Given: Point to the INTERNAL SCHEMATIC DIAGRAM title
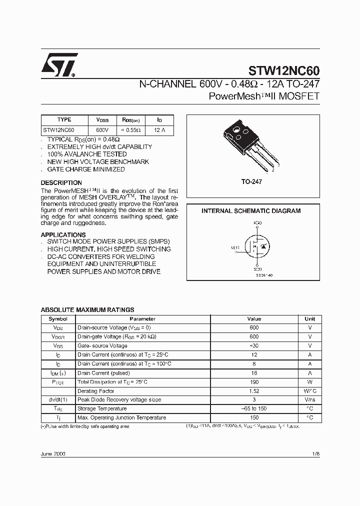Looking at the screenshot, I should click(251, 211).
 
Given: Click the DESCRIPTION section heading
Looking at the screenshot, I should click(61, 183).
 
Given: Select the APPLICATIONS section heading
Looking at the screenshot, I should click(63, 235).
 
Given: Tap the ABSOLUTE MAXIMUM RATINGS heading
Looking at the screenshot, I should click(87, 310).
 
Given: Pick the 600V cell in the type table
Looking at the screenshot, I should click(102, 130).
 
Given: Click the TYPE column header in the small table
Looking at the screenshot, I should click(64, 120).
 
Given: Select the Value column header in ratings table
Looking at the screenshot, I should click(254, 319).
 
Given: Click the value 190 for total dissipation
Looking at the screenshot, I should click(254, 382).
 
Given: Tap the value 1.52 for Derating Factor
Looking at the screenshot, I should click(254, 391).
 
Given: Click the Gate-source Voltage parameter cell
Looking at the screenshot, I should click(102, 346).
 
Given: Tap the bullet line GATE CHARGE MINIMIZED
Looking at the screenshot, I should click(86, 169).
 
